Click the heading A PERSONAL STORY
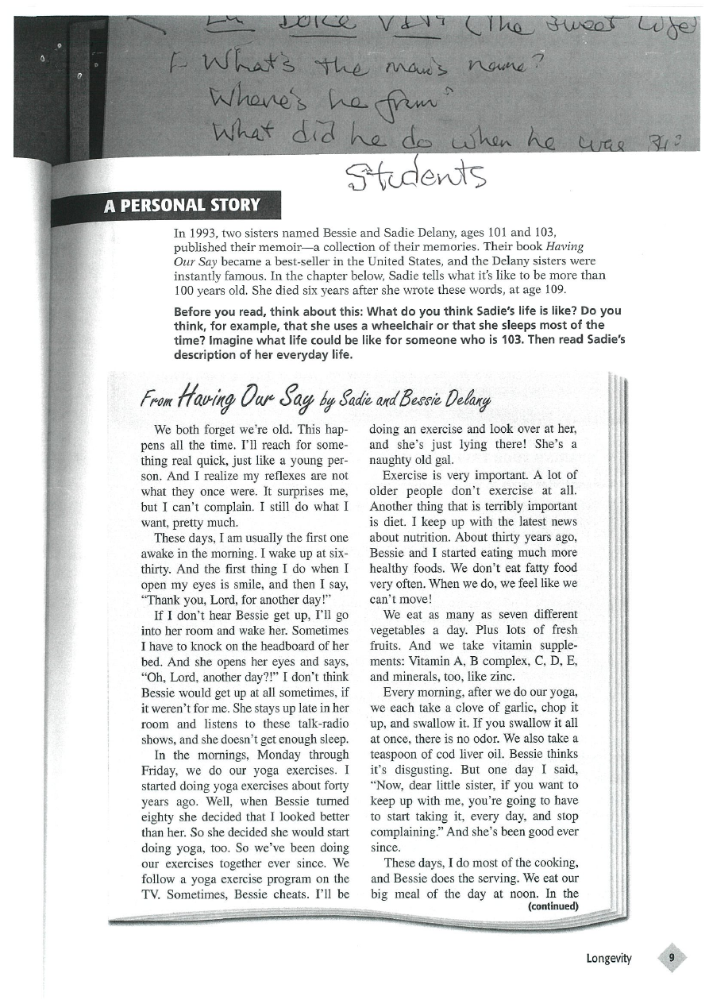pos(182,206)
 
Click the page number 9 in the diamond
pos(672,958)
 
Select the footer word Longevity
pos(609,958)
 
